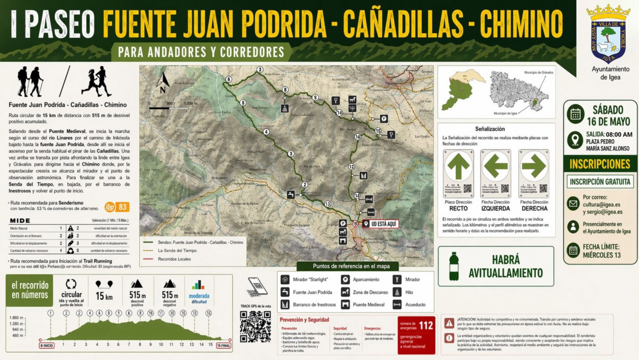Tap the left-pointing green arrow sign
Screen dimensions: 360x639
tap(496, 166)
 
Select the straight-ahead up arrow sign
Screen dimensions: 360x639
tap(458, 166)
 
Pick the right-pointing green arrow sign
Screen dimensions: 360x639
tap(534, 166)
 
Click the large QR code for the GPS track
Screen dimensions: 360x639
tap(255, 326)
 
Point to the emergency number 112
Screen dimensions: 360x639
tap(426, 325)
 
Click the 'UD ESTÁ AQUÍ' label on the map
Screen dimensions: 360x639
tap(380, 224)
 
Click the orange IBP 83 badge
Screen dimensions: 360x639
tap(116, 207)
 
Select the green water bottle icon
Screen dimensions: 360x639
tap(454, 266)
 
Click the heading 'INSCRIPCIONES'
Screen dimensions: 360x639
tap(600, 164)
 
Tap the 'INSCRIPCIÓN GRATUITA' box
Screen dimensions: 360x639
tap(600, 181)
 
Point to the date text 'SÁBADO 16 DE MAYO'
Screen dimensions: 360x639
tap(611, 115)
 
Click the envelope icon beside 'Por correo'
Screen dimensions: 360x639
tap(573, 203)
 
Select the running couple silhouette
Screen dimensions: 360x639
tap(97, 82)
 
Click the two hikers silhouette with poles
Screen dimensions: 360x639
tap(30, 82)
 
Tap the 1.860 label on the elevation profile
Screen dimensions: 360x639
tap(18, 317)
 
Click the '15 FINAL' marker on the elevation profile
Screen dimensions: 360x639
tap(223, 346)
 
